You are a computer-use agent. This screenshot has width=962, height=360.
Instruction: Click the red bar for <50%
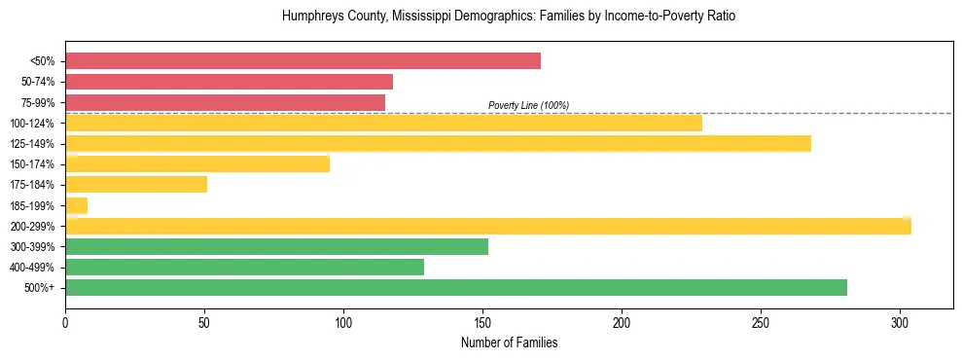(303, 61)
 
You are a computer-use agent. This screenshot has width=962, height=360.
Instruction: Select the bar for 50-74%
(229, 82)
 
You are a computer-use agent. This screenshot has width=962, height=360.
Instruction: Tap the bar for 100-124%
(383, 123)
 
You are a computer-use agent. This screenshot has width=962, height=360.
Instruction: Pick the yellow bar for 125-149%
(438, 144)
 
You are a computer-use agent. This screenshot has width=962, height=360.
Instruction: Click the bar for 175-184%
(136, 185)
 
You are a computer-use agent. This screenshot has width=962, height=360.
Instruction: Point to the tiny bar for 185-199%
(77, 205)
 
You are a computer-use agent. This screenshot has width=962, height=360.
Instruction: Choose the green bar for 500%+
(456, 287)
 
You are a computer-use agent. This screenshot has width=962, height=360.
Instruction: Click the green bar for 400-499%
(244, 267)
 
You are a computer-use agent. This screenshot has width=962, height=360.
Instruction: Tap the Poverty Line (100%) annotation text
(528, 105)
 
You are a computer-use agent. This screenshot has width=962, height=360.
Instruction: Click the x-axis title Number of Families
(509, 342)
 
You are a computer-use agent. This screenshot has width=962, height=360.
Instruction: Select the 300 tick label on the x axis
(900, 322)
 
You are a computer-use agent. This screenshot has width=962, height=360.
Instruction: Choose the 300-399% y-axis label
(36, 246)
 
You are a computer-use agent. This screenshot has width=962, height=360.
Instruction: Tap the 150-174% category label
(36, 164)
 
